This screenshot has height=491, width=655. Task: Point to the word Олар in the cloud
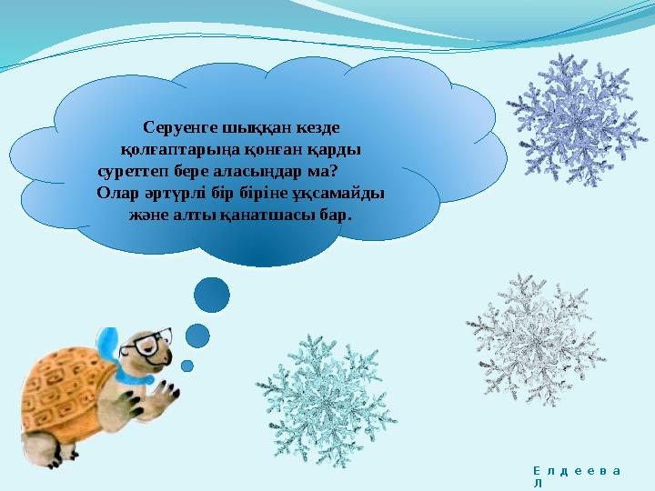coord(116,193)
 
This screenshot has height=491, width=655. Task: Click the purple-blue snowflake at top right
coord(577,118)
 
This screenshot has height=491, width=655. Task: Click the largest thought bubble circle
coord(213,294)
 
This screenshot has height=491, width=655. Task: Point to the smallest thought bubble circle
coord(187,366)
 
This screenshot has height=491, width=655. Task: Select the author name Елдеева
coord(576,470)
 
